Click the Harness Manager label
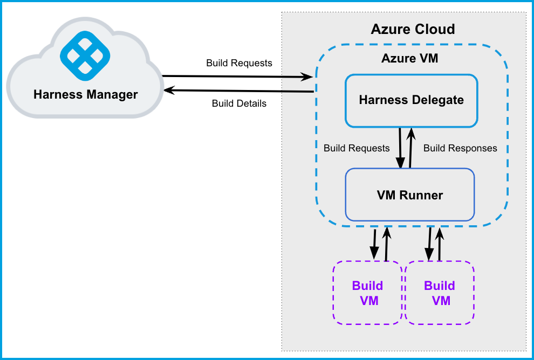coord(86,95)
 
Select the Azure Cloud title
coord(413,29)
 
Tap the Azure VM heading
coord(410,59)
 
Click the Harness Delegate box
coord(411,100)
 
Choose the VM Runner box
coord(409,195)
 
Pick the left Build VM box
coord(367,293)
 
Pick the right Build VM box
coord(440,293)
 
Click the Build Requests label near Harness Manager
coord(239,63)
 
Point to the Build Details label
coord(239,103)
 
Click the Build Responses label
coord(460,148)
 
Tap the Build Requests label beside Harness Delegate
coord(357,148)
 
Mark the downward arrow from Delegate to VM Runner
coord(400,148)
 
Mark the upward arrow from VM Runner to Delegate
coord(410,148)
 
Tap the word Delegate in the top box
coord(437,100)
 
